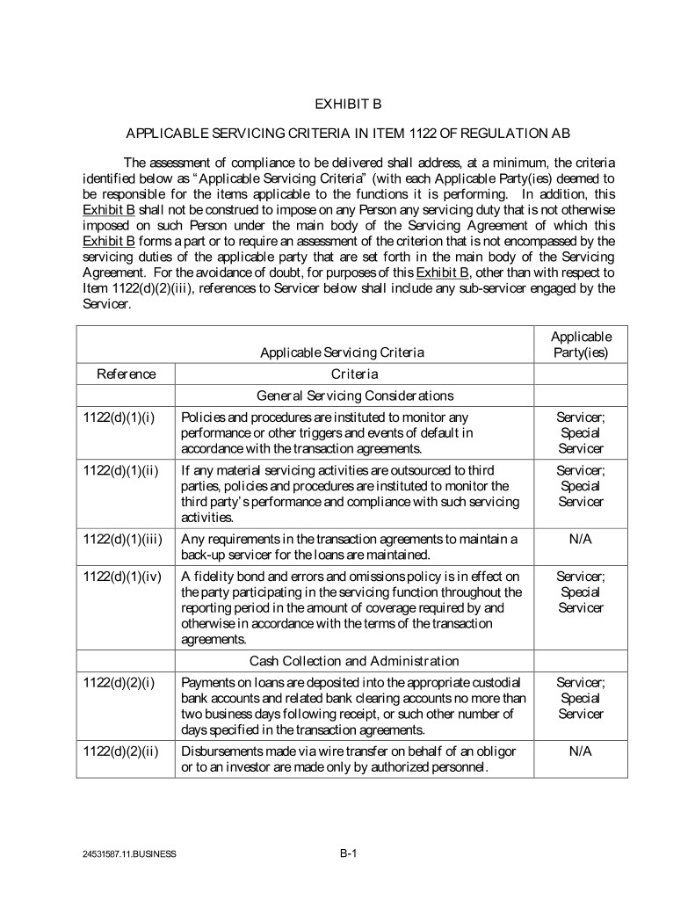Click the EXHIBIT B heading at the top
pos(347,104)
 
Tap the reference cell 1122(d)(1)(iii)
pos(123,538)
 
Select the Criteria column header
pos(355,374)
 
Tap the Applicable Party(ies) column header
pos(581,345)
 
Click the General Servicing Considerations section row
pos(355,396)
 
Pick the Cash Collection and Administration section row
pos(355,661)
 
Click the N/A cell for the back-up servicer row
pos(581,538)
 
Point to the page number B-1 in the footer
pos(347,852)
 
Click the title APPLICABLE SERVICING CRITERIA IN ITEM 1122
pos(347,134)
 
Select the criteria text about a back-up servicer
pos(350,546)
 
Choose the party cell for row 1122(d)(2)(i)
pos(581,698)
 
